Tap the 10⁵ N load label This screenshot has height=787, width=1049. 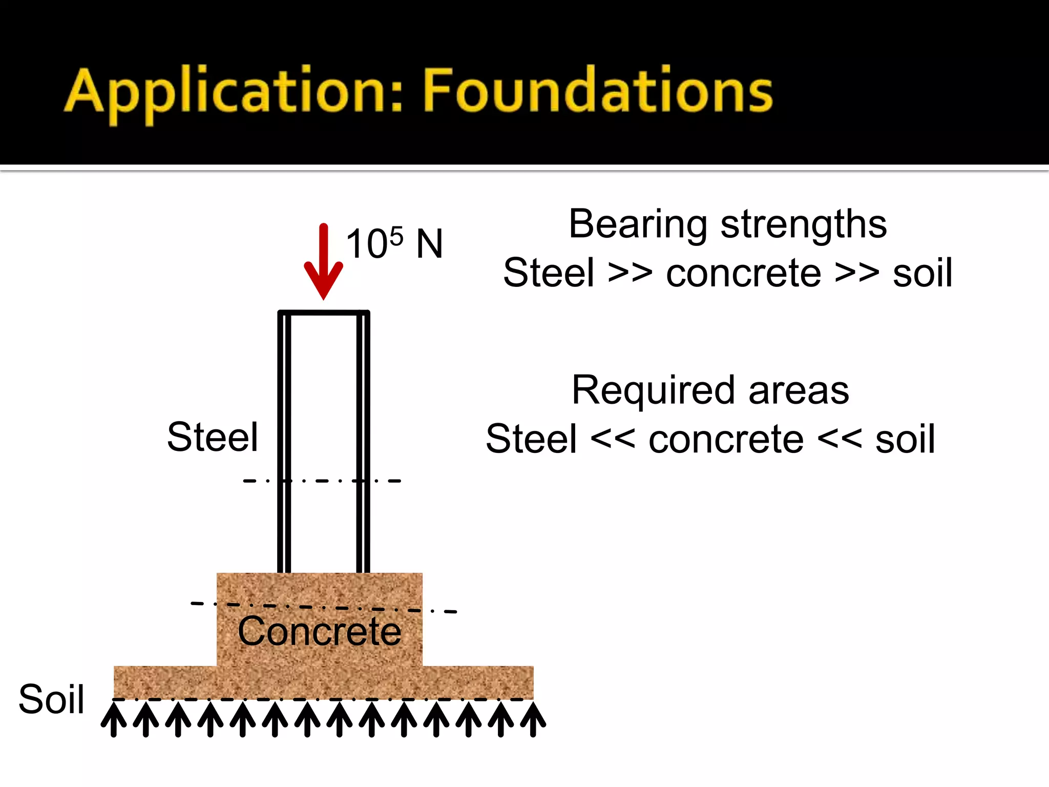pos(394,243)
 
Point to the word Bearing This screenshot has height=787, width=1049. pos(638,225)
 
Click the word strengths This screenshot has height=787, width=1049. pos(804,224)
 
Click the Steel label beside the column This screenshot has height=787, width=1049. pos(213,437)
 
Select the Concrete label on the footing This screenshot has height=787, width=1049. pos(320,631)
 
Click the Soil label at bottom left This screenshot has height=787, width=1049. pos(51,699)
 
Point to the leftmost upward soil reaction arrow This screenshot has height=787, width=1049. pos(114,719)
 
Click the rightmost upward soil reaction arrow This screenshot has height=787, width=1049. pos(533,719)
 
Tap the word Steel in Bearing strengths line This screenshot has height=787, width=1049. pos(549,273)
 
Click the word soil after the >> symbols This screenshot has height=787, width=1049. pos(922,273)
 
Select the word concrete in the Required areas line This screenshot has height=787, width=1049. pos(726,439)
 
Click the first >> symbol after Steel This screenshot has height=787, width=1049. pos(630,273)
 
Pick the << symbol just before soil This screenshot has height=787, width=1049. pos(840,439)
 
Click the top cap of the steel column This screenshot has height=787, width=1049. pos(323,312)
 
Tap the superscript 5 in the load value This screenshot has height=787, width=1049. pos(396,236)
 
